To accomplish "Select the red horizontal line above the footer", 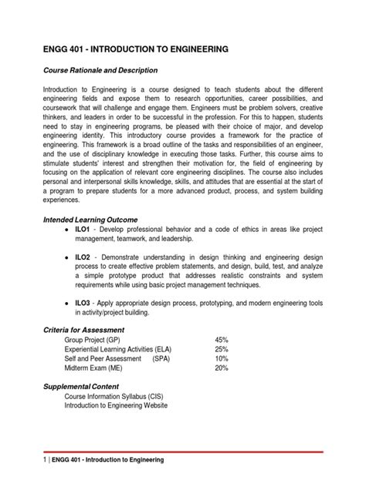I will pos(182,452).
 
